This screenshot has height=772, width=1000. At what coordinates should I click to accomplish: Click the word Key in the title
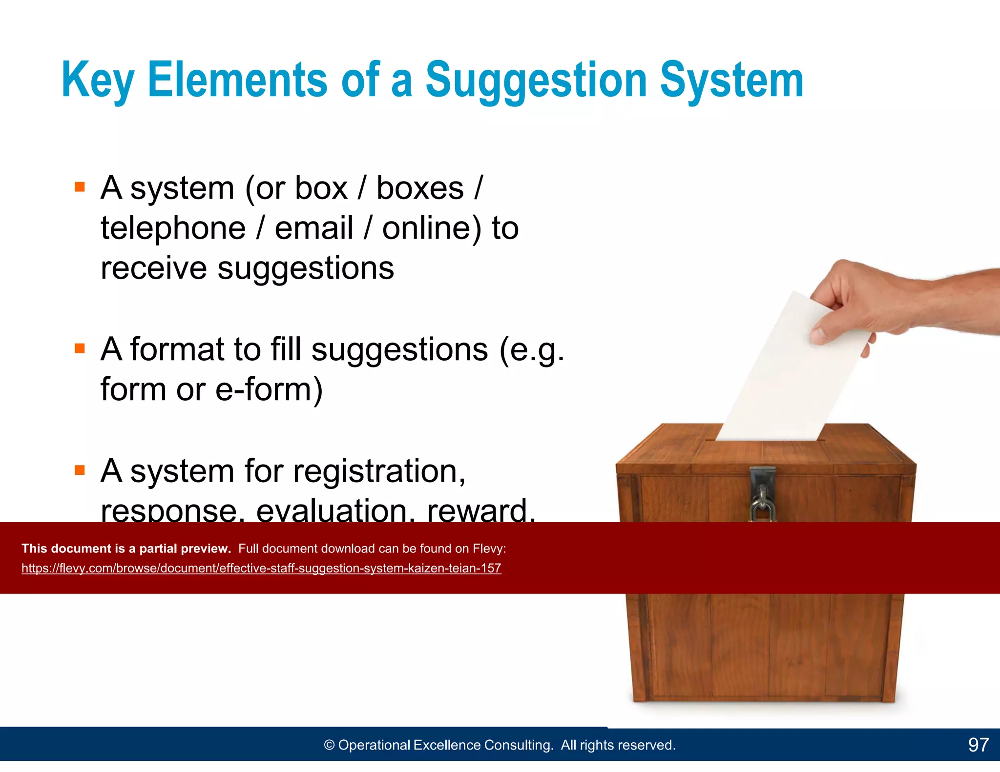click(98, 81)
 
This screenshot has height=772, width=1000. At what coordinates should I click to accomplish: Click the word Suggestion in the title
click(536, 81)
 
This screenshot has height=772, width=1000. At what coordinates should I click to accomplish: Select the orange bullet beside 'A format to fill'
click(80, 348)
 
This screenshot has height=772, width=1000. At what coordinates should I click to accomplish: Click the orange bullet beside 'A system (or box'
click(80, 187)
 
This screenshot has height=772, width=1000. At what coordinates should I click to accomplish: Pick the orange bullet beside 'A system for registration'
click(80, 470)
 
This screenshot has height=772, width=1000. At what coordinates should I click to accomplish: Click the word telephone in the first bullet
click(173, 228)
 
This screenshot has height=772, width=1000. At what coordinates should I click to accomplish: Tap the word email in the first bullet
click(313, 228)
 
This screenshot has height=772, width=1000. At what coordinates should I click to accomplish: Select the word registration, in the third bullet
click(379, 471)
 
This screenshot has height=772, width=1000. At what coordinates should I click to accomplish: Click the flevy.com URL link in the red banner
click(261, 569)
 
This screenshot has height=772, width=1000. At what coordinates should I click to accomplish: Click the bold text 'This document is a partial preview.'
click(126, 549)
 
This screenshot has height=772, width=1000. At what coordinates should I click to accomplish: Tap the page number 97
click(978, 745)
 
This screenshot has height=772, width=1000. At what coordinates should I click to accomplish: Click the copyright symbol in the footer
click(330, 745)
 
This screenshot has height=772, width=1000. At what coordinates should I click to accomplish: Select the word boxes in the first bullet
click(420, 188)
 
